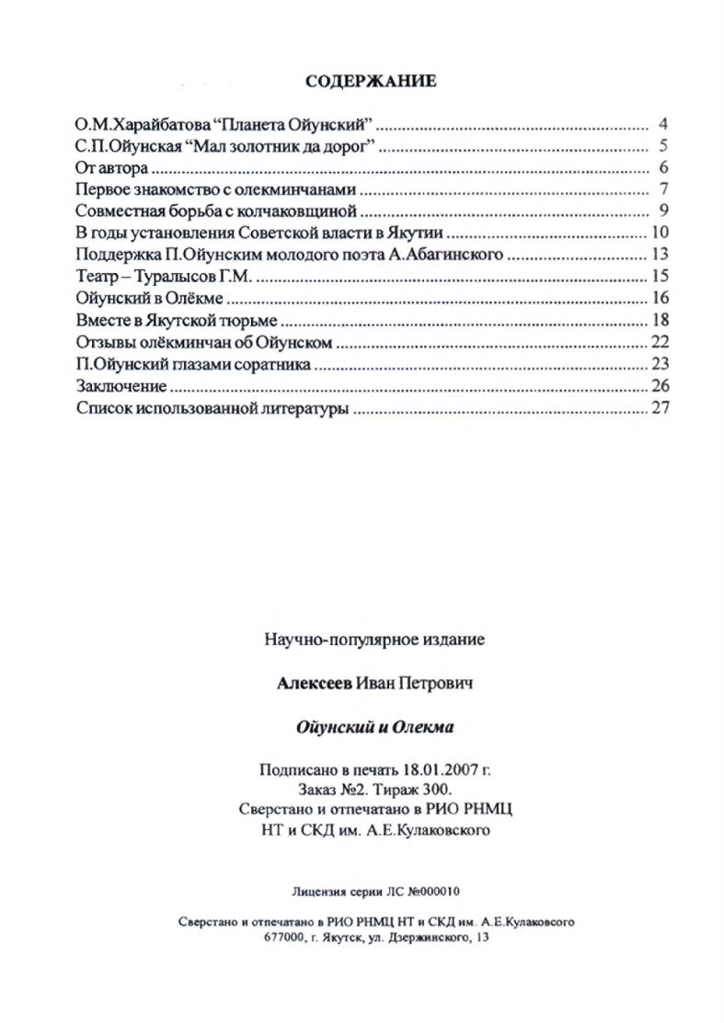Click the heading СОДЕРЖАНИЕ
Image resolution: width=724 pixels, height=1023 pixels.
[371, 81]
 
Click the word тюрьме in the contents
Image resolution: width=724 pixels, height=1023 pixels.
[248, 321]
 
